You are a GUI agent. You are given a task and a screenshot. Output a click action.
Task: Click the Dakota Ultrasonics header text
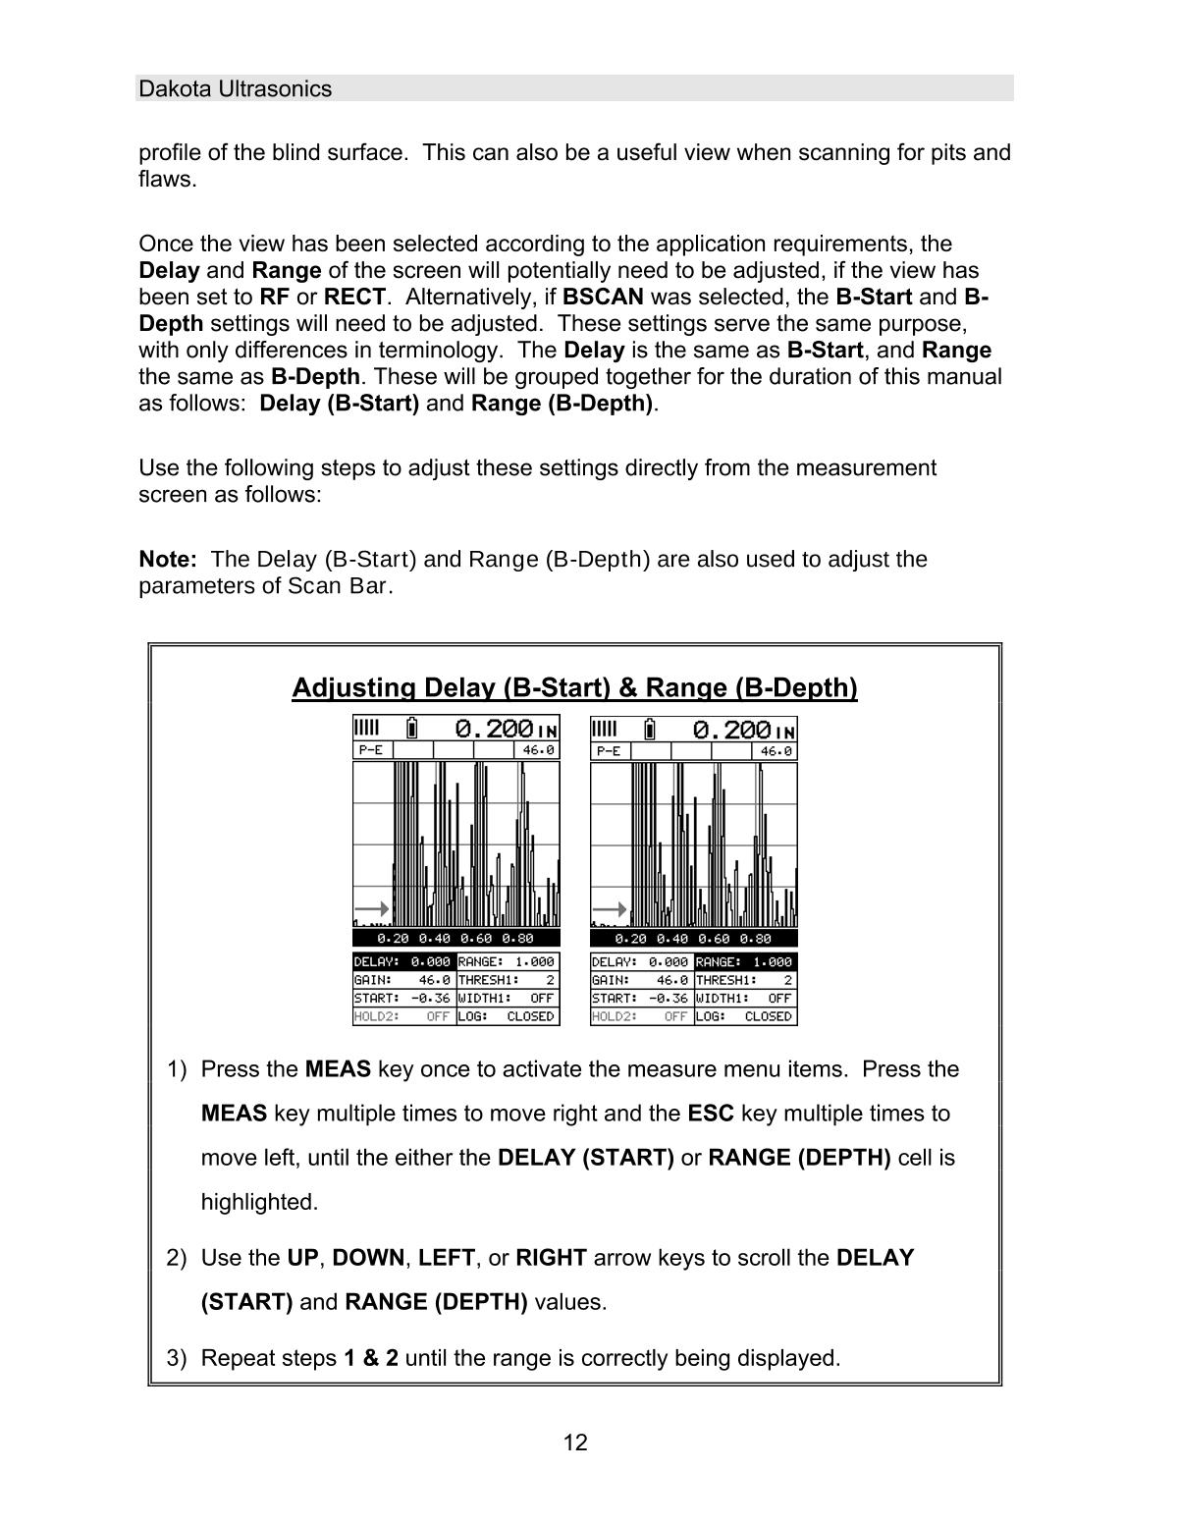pos(236,89)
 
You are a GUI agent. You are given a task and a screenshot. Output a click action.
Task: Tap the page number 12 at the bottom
pos(575,1442)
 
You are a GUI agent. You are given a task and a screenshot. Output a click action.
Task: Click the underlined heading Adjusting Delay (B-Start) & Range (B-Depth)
pos(574,687)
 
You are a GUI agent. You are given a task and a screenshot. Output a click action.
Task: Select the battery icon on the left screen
pos(412,729)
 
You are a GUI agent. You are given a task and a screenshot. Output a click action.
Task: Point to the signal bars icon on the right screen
pos(605,729)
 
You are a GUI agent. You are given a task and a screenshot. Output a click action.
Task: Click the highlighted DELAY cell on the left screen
pos(403,962)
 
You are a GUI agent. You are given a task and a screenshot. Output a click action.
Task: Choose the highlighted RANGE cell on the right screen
pos(745,962)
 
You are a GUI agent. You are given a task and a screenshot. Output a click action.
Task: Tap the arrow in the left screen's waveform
pos(372,909)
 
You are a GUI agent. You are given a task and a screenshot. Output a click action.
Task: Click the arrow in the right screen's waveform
pos(610,909)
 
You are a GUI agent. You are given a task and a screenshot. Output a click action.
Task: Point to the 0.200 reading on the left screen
pos(495,729)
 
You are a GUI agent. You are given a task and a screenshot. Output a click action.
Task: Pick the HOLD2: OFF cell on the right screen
pos(641,1016)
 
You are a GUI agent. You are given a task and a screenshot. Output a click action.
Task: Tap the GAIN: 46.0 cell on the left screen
pos(403,980)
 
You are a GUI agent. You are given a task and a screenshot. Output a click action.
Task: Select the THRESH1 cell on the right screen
pos(745,980)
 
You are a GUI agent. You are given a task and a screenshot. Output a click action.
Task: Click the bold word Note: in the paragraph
pos(168,560)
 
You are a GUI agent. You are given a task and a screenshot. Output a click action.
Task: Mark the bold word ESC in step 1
pos(711,1114)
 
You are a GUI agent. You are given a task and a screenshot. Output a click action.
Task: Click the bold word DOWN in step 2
pos(368,1258)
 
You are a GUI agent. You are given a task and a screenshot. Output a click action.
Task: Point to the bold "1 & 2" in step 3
pos(371,1358)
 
